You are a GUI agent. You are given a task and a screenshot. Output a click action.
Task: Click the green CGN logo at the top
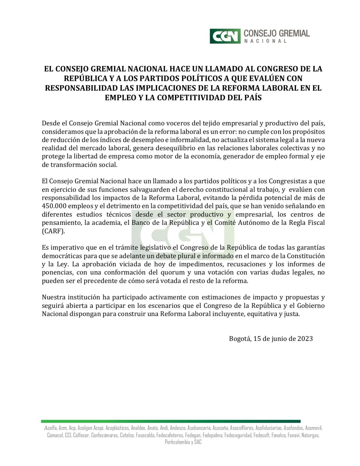click(x=225, y=36)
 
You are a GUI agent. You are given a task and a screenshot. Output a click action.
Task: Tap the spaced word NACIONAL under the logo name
click(x=265, y=41)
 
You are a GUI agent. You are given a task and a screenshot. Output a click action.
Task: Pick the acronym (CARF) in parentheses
click(x=53, y=231)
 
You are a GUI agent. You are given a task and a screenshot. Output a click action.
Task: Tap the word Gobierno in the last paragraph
click(x=311, y=306)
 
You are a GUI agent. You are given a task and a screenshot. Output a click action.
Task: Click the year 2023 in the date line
click(x=305, y=338)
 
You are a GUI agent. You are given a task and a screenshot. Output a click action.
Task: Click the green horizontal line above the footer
click(x=171, y=421)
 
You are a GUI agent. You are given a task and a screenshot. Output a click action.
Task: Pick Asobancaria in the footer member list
click(x=199, y=428)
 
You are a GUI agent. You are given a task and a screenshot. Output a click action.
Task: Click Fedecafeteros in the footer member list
click(x=170, y=435)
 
